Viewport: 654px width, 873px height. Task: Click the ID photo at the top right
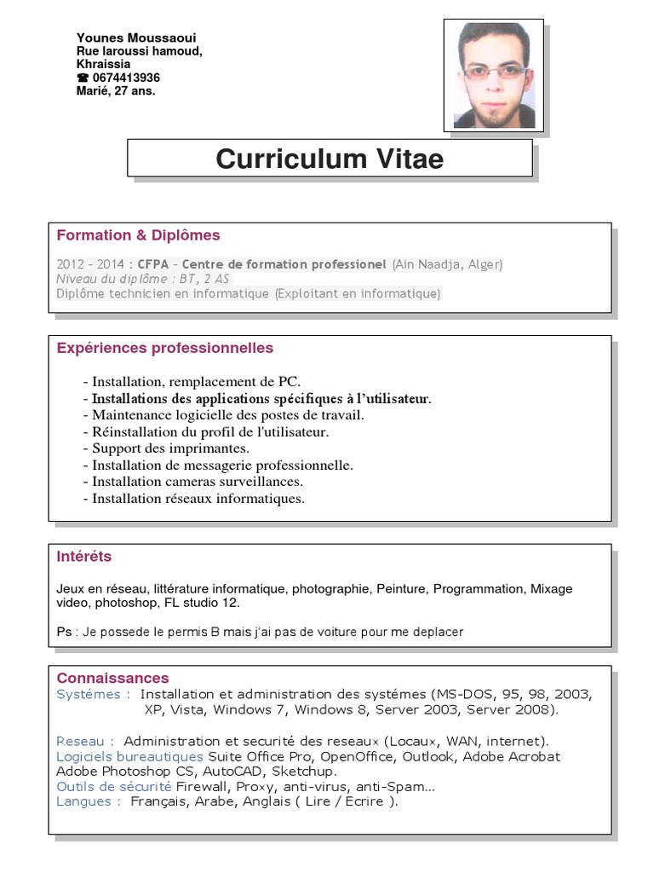pyautogui.click(x=494, y=75)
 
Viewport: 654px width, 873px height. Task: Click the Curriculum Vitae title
pyautogui.click(x=330, y=159)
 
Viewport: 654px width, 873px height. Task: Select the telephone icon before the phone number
pyautogui.click(x=83, y=78)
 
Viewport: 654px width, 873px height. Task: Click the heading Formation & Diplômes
pyautogui.click(x=138, y=235)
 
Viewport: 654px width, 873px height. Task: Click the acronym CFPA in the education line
pyautogui.click(x=154, y=264)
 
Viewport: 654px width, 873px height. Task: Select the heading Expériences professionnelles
pyautogui.click(x=165, y=348)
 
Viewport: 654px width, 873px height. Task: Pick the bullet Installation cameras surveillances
pyautogui.click(x=192, y=482)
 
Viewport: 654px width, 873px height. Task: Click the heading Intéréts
pyautogui.click(x=84, y=557)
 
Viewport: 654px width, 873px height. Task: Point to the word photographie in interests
pyautogui.click(x=330, y=589)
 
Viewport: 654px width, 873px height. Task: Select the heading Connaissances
pyautogui.click(x=112, y=679)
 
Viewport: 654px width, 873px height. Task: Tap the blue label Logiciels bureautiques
pyautogui.click(x=129, y=756)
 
